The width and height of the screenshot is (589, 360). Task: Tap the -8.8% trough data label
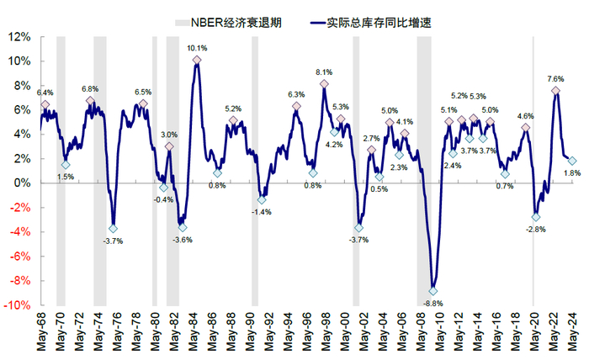(x=432, y=303)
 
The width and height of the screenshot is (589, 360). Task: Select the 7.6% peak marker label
(x=556, y=78)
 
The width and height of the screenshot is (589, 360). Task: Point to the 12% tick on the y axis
(x=20, y=37)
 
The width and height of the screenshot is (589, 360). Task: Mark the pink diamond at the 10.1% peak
(x=196, y=60)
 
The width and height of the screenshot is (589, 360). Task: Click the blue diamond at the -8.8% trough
(x=433, y=291)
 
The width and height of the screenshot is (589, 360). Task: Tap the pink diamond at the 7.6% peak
(x=556, y=90)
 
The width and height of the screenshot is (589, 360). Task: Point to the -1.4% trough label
(x=261, y=212)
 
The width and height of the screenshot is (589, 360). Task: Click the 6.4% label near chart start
(x=45, y=93)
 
